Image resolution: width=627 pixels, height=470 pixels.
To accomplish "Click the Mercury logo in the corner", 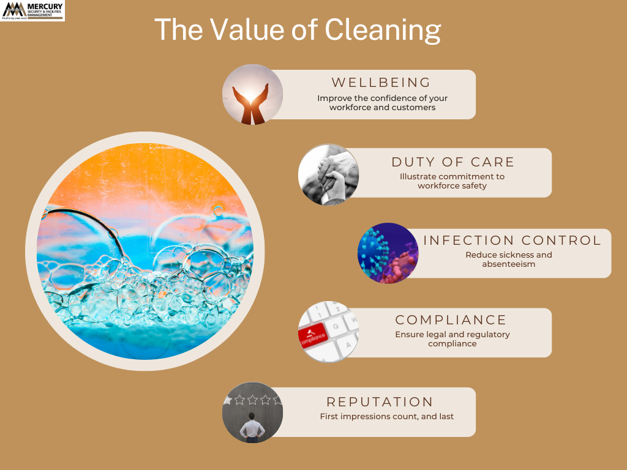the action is (x=32, y=11).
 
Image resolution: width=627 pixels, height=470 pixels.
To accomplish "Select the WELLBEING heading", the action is (x=381, y=83).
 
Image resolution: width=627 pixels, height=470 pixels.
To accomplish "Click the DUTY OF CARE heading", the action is (x=452, y=162).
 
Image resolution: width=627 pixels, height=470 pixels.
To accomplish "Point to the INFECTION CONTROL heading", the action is (x=512, y=240).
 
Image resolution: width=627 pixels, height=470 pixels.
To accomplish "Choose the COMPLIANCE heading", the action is (x=451, y=319).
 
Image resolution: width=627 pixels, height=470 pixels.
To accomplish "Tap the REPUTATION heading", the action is (x=380, y=401).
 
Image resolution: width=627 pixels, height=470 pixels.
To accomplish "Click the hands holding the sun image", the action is (x=252, y=95).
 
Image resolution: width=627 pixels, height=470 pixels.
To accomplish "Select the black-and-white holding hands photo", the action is (x=328, y=174).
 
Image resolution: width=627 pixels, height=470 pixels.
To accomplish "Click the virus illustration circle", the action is (x=388, y=253).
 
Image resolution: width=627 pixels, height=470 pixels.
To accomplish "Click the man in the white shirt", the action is (x=252, y=428).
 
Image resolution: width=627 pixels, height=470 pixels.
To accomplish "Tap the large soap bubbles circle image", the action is (x=145, y=251).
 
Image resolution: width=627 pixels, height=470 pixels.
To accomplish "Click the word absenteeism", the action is (x=509, y=264).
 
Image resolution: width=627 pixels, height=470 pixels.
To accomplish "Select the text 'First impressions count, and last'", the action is (x=387, y=416).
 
